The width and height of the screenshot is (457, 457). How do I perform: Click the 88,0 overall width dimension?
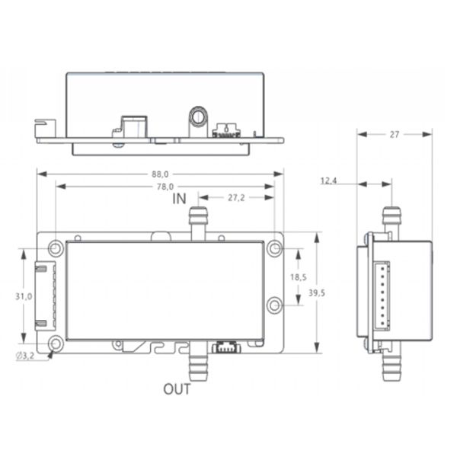(x=160, y=174)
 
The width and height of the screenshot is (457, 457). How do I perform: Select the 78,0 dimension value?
(x=165, y=187)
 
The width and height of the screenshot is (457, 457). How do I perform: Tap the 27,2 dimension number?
(x=236, y=198)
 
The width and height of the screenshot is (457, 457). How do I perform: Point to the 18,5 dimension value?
(x=298, y=277)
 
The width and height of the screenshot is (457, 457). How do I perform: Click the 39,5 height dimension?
(x=317, y=293)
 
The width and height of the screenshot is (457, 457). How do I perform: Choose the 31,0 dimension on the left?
(x=24, y=297)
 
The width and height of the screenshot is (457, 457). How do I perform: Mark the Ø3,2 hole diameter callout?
(x=25, y=356)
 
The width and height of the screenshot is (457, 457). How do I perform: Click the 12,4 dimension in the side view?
(x=328, y=181)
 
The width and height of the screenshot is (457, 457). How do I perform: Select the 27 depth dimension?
(x=395, y=134)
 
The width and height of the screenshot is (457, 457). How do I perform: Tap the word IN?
(x=179, y=199)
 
